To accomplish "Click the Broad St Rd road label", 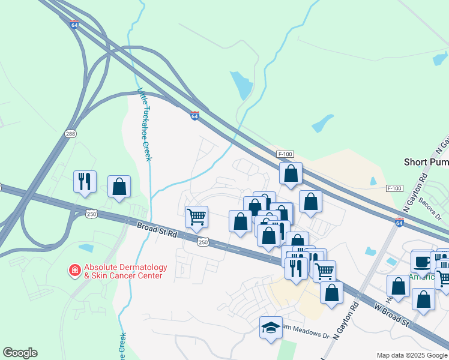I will pos(157,231).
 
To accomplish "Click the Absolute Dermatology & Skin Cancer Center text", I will pos(122,272).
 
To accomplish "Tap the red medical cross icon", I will pos(75,271).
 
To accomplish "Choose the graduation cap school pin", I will pos(271,328).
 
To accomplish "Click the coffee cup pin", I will pos(421,262).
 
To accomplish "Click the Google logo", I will pos(20,353).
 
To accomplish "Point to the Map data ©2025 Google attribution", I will pos(412,355).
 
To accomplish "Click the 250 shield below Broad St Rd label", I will pos(203,242).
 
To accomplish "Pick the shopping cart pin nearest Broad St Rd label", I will pos(196,217).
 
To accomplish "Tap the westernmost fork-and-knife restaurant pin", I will pos(84,181).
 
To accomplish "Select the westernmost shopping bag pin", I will pos(119,187).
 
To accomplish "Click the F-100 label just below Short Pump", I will pos(394,188).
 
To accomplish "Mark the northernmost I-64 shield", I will pos(74,25).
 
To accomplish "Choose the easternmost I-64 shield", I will pos(400,222).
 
